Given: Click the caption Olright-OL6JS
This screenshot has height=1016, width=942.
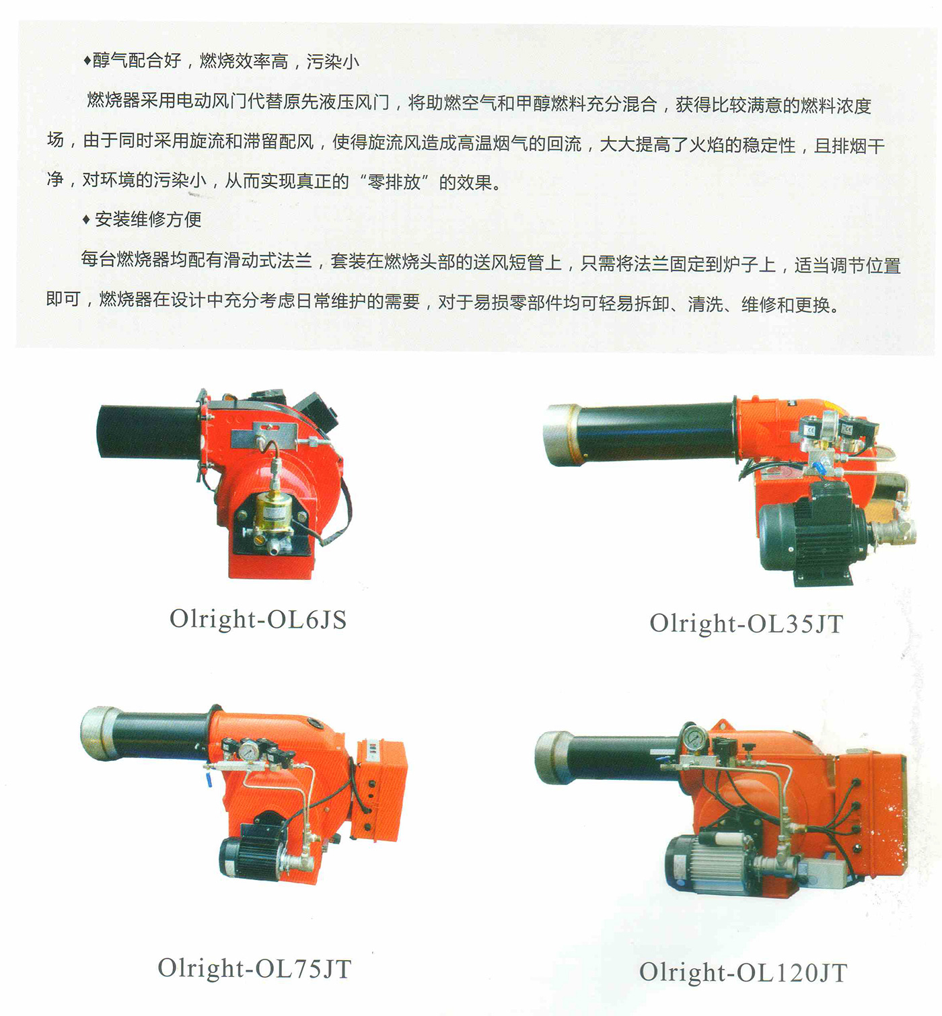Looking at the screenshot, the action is pos(258,620).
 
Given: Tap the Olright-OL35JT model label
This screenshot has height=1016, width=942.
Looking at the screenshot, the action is pos(746,624).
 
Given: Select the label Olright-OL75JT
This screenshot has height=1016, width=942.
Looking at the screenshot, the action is pos(255,968).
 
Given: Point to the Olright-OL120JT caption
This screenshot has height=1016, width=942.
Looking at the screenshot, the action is pos(743,972).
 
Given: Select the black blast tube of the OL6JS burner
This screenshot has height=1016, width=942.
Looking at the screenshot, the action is pos(149,431).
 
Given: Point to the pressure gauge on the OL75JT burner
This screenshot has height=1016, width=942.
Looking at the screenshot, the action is pos(249,750).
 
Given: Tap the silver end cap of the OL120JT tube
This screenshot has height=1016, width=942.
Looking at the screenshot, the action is pos(554,757).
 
